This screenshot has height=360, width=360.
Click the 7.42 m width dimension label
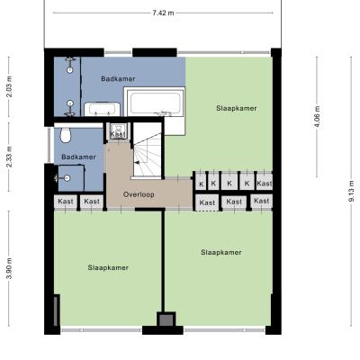click(x=163, y=13)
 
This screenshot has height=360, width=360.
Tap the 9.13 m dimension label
click(x=351, y=191)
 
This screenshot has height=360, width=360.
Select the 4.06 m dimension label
click(x=317, y=117)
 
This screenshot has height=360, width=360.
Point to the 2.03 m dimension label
click(x=9, y=86)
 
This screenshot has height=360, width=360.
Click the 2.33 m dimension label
click(x=9, y=157)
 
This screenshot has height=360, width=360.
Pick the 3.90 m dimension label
click(x=9, y=268)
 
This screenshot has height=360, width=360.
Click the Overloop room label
click(x=139, y=194)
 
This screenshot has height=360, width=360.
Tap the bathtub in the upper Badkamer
click(x=155, y=102)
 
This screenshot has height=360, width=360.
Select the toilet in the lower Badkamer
click(x=66, y=135)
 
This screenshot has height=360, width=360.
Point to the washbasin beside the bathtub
click(x=102, y=109)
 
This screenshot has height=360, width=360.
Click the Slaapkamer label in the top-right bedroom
click(x=237, y=108)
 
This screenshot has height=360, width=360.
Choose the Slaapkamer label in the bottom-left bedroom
click(x=108, y=267)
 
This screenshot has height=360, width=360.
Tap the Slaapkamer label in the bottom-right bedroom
click(x=221, y=252)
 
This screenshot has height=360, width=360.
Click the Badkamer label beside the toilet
click(x=78, y=157)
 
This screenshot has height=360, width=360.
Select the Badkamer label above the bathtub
click(x=118, y=79)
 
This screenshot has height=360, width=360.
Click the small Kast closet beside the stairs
click(x=117, y=131)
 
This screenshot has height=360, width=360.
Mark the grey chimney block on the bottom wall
click(x=166, y=319)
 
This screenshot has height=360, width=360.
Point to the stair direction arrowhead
click(x=136, y=163)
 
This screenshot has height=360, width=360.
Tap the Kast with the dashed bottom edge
click(x=207, y=203)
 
